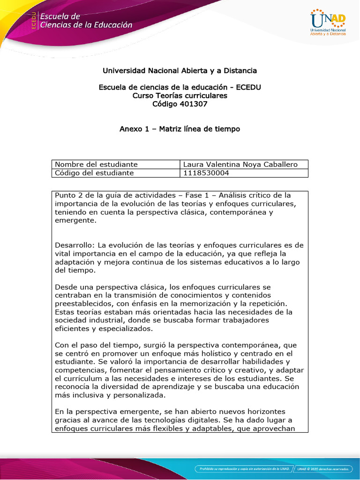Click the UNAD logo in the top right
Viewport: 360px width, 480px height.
[x=328, y=22]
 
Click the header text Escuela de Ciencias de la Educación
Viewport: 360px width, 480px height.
[x=86, y=21]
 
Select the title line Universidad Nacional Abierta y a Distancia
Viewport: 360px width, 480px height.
[x=180, y=71]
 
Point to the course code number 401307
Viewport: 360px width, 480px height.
[x=193, y=104]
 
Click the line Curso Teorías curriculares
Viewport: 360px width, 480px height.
[x=180, y=96]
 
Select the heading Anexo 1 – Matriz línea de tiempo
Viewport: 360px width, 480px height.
[x=180, y=129]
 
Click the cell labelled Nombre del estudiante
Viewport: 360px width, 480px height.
[x=96, y=165]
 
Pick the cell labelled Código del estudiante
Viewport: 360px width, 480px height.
[x=94, y=173]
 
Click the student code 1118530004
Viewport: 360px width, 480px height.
[x=206, y=173]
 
